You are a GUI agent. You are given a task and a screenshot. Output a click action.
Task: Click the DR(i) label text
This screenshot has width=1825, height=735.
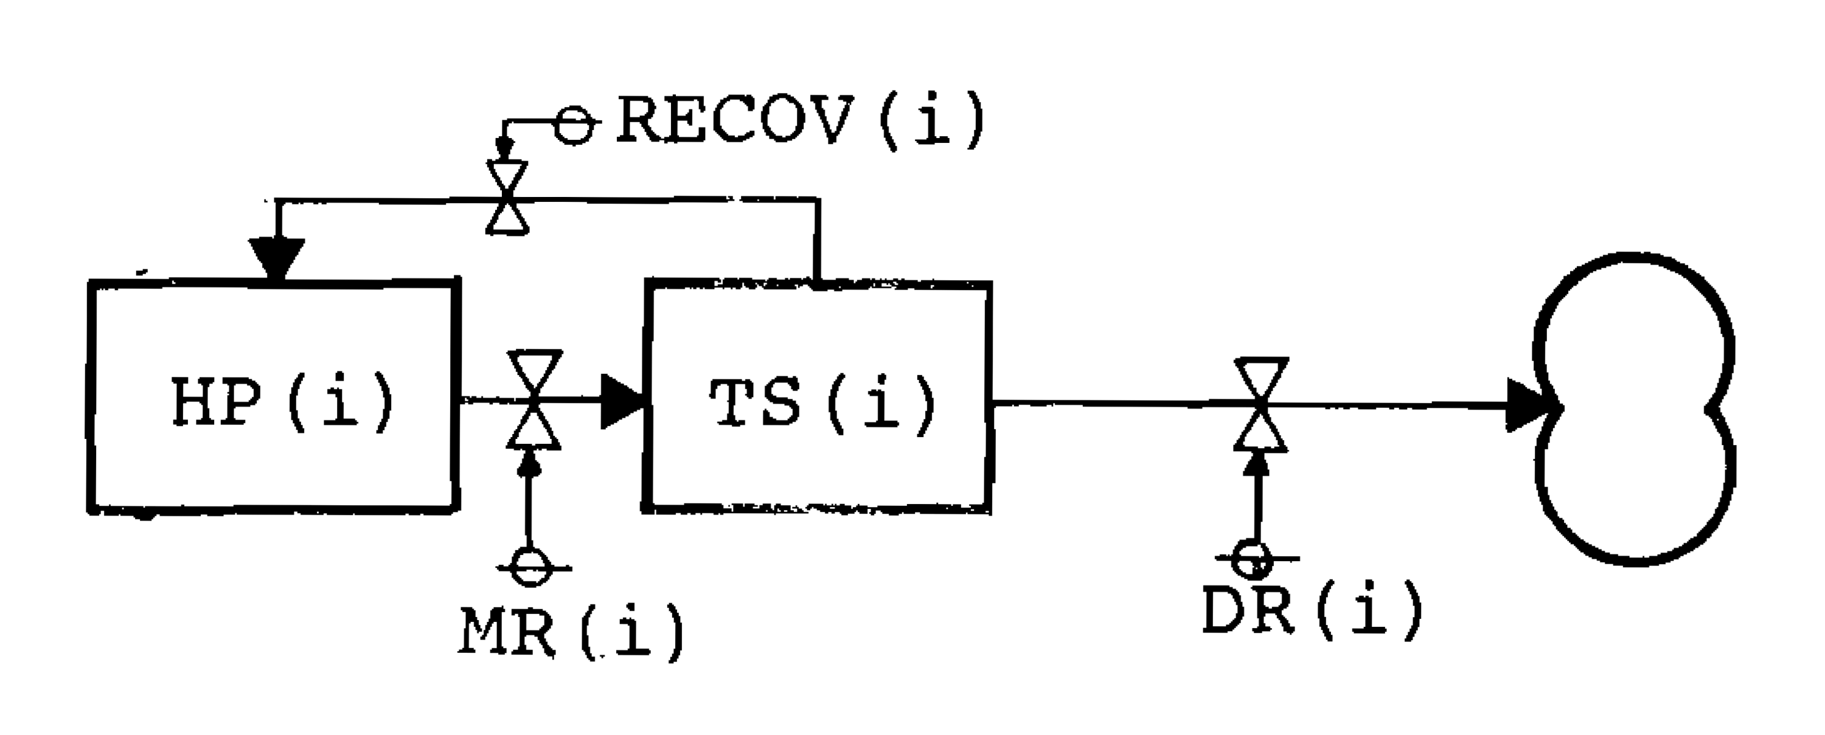[x=1312, y=609]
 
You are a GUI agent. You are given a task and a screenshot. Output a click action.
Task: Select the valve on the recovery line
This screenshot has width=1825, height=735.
[x=508, y=198]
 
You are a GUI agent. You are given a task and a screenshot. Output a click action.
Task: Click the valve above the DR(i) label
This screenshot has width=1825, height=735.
[x=1261, y=404]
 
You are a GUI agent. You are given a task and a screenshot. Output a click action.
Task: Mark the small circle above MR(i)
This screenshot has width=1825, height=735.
[x=531, y=567]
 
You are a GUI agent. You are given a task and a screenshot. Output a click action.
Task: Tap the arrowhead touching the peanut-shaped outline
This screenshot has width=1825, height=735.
[x=1531, y=405]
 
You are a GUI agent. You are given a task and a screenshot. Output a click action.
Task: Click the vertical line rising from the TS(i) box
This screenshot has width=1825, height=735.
[x=818, y=241]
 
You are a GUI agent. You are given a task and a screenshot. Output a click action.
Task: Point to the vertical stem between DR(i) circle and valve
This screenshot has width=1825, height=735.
[x=1257, y=499]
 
